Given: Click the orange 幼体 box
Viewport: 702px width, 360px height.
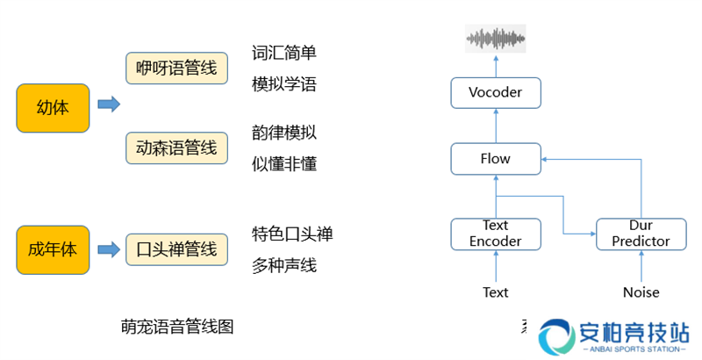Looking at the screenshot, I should [53, 108].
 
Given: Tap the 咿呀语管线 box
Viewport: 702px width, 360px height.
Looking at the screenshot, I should [176, 69].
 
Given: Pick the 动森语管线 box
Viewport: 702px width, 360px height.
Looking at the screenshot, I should [176, 148].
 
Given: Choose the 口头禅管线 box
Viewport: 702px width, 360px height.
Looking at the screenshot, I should [176, 249].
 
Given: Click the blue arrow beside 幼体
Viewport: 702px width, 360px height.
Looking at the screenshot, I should [108, 104].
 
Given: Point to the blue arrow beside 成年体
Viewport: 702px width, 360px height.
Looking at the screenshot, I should [108, 249].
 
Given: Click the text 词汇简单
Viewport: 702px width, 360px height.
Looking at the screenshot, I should [283, 53].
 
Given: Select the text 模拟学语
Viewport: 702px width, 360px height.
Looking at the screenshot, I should [283, 84].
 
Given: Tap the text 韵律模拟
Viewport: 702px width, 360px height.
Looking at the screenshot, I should [283, 133].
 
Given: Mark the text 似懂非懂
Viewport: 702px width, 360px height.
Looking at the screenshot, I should [283, 164].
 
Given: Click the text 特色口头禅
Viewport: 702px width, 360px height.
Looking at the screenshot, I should [292, 234].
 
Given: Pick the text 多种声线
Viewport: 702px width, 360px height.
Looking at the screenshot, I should [283, 265].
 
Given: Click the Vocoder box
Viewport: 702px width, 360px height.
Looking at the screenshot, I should [496, 92].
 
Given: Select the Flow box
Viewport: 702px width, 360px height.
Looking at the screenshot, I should [496, 159].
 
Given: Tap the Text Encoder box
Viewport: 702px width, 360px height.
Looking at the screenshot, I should [496, 234].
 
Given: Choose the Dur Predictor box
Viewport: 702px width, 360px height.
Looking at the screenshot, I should [641, 234].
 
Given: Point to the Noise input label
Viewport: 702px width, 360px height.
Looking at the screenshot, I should [641, 292].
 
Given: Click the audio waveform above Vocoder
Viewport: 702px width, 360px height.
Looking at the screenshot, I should [496, 38].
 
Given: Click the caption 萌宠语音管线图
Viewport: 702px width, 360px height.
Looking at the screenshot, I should [177, 327].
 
